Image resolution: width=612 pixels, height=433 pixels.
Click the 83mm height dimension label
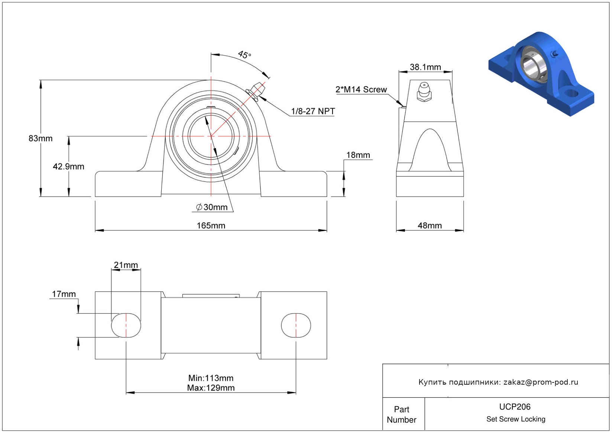pyautogui.click(x=41, y=138)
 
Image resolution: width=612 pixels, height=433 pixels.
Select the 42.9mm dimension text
pyautogui.click(x=68, y=167)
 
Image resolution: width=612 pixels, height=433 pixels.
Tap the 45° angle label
pyautogui.click(x=245, y=55)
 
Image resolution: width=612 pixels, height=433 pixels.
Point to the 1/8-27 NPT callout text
pyautogui.click(x=313, y=111)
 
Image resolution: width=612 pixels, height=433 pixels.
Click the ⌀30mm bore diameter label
pyautogui.click(x=212, y=207)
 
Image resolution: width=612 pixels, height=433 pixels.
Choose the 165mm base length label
pyautogui.click(x=211, y=226)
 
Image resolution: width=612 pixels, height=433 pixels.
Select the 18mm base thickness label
pyautogui.click(x=358, y=155)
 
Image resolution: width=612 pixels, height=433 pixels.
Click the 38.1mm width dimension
pyautogui.click(x=425, y=67)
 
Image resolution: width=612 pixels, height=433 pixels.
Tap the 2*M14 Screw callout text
pyautogui.click(x=361, y=90)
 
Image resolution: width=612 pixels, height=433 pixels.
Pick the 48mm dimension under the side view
pyautogui.click(x=430, y=226)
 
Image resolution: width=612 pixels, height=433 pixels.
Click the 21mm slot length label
pyautogui.click(x=126, y=265)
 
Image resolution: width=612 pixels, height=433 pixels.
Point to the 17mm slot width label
pyautogui.click(x=64, y=294)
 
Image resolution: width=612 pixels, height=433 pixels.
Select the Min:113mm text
pyautogui.click(x=211, y=378)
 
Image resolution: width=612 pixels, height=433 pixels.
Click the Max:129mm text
pyautogui.click(x=211, y=388)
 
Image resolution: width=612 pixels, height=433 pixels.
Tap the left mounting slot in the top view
pyautogui.click(x=126, y=325)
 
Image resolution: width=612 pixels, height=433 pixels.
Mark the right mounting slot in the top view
pyautogui.click(x=296, y=325)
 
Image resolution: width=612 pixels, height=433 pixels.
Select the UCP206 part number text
pyautogui.click(x=515, y=407)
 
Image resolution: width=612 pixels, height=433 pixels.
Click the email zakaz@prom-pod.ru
pyautogui.click(x=541, y=382)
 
